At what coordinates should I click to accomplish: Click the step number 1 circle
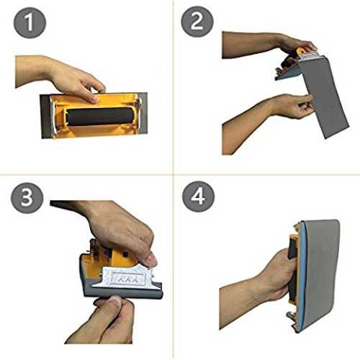(30, 22)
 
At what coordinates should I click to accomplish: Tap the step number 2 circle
(197, 22)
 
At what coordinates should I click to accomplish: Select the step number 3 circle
(27, 198)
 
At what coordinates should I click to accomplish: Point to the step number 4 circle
(198, 197)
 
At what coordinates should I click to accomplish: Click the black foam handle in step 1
(99, 117)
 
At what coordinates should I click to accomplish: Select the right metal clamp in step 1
(140, 106)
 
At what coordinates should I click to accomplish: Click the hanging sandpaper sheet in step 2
(324, 96)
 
